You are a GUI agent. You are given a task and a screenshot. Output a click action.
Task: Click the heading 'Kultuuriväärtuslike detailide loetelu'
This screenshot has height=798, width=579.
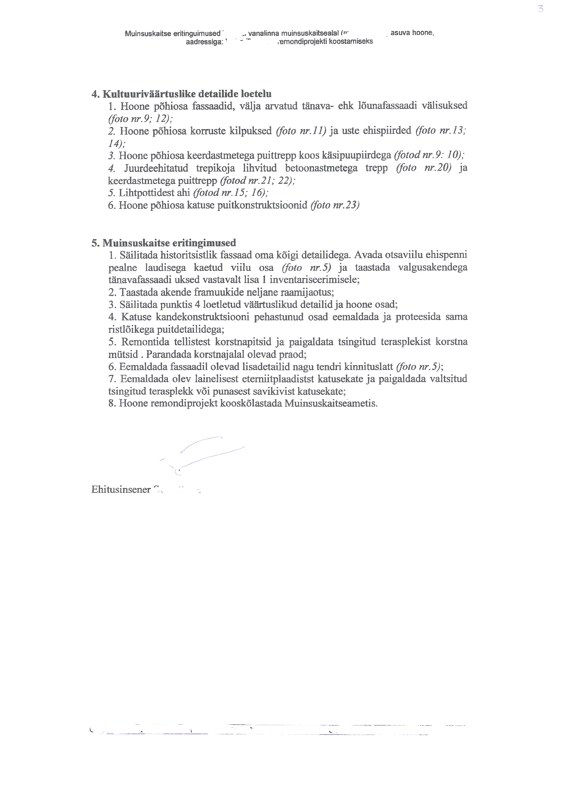pos(187,94)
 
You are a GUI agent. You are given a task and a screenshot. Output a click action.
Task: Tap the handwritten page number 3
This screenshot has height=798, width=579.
pos(541,9)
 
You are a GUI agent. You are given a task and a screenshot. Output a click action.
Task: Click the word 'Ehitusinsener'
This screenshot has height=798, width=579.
pos(121,489)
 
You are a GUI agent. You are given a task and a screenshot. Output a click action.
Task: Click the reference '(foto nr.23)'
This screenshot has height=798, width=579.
pos(335,205)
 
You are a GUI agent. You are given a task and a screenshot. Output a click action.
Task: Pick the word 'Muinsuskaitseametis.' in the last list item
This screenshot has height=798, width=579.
pos(331,403)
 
